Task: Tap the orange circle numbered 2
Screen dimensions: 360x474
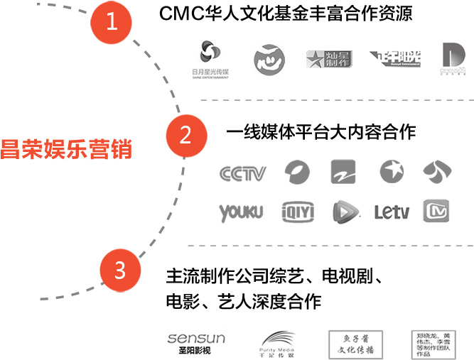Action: pyautogui.click(x=184, y=134)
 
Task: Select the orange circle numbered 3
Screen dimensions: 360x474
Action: pyautogui.click(x=119, y=271)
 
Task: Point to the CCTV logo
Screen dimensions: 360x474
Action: pyautogui.click(x=242, y=173)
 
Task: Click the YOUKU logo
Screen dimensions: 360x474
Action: pyautogui.click(x=241, y=212)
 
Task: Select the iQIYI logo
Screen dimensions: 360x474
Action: pyautogui.click(x=298, y=212)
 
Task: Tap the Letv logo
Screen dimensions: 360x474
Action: pyautogui.click(x=392, y=212)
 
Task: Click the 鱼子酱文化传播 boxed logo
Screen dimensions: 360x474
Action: pyautogui.click(x=355, y=344)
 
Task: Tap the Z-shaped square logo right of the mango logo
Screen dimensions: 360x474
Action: pyautogui.click(x=347, y=173)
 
